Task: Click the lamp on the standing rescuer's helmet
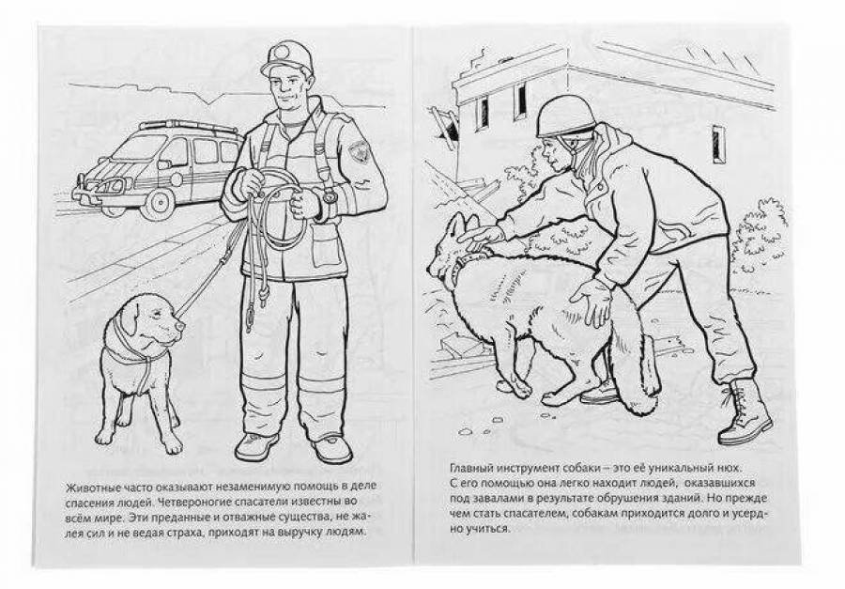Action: pyautogui.click(x=281, y=53)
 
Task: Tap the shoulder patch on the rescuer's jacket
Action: pyautogui.click(x=358, y=150)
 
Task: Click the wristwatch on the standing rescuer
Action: pyautogui.click(x=330, y=195)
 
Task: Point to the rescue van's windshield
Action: pyautogui.click(x=133, y=147)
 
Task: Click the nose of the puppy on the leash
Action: pyautogui.click(x=180, y=326)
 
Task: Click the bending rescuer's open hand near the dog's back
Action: pyautogui.click(x=594, y=301)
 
